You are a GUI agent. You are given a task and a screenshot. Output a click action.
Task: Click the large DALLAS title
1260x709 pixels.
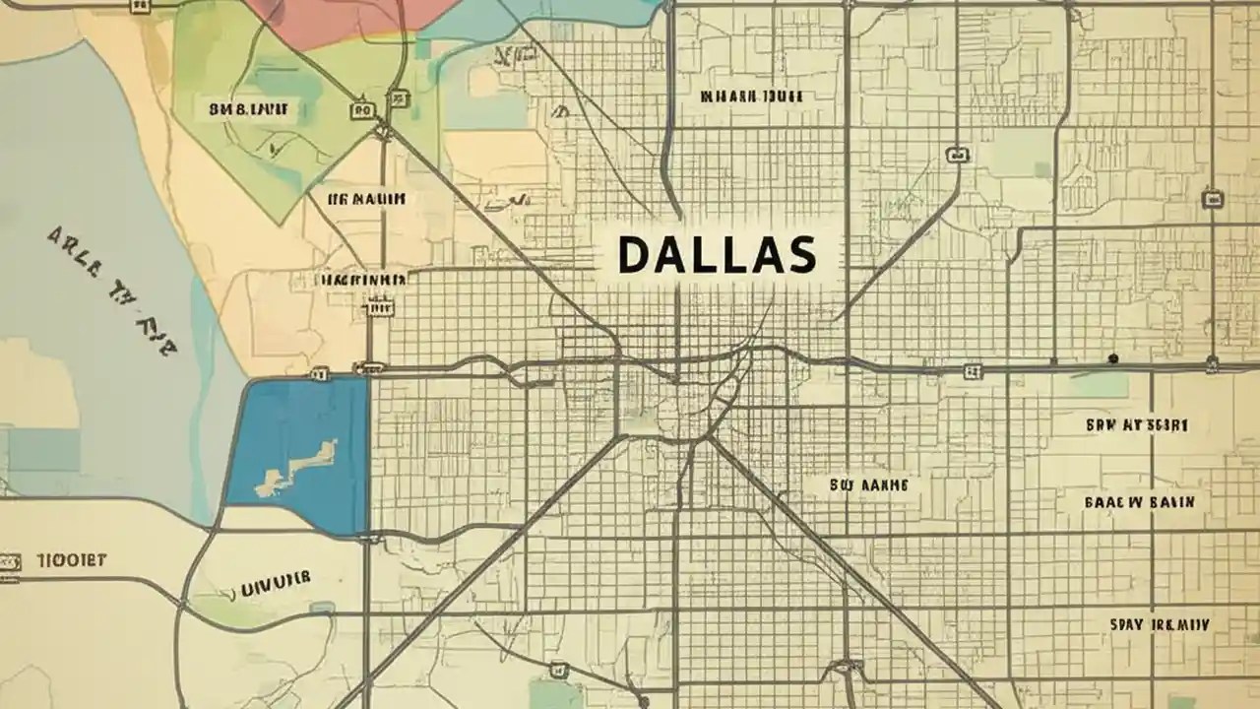coord(717,255)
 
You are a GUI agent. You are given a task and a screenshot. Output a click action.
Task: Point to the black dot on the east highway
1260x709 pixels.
coord(1112,358)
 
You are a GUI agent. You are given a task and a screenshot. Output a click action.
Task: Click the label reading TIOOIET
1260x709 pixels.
coord(71,560)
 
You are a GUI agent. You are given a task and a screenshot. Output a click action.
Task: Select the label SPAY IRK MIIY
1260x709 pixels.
coord(1160,624)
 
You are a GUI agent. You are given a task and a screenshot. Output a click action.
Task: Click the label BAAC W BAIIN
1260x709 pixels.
coord(1140,501)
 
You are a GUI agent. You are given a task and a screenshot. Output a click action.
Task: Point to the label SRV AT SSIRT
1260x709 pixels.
coord(1137,425)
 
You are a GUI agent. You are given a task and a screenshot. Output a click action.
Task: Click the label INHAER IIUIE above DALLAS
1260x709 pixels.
coord(751,97)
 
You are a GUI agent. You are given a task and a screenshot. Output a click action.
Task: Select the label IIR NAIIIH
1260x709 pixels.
coord(366,199)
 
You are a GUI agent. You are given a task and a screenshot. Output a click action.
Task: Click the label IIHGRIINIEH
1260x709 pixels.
coord(359,280)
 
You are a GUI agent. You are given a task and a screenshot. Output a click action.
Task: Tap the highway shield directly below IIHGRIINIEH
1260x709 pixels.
coord(376,307)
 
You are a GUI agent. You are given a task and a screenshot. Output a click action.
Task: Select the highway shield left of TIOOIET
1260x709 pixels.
coord(9,561)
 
